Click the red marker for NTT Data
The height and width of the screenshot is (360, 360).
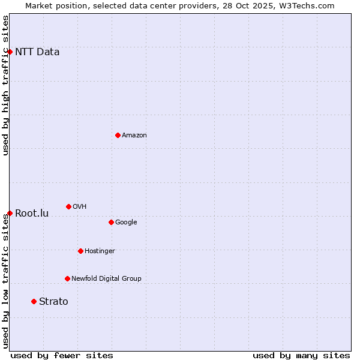10,52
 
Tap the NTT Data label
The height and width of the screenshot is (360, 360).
37,52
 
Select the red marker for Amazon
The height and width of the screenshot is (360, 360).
118,135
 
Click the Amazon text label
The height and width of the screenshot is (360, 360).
134,136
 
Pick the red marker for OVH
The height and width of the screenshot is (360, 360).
68,206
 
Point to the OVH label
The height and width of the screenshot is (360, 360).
80,207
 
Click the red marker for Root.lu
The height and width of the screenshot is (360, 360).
10,213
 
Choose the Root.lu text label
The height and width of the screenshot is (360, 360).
32,214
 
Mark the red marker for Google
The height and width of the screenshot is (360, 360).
111,222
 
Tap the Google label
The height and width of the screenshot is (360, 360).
126,223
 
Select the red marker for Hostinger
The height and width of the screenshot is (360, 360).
80,251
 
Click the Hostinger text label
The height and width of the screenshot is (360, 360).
100,251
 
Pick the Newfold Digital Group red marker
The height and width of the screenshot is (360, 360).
67,278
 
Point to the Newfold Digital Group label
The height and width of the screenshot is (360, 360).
106,279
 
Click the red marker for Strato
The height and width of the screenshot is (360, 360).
34,301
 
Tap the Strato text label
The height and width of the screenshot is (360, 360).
53,302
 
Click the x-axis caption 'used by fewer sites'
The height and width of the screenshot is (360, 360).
62,355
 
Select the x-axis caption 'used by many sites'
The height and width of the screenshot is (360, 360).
301,355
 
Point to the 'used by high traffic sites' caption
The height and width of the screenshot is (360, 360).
5,85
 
